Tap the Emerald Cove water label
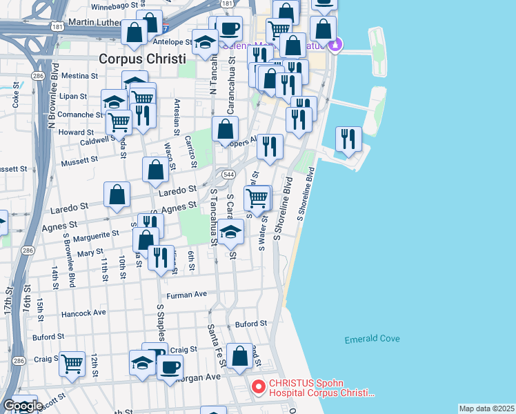pos(372,339)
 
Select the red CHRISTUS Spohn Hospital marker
pos(259,387)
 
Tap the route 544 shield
pos(228,174)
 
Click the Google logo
pos(23,406)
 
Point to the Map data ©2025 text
pos(486,408)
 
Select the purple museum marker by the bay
pos(335,46)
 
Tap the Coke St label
pos(16,99)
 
